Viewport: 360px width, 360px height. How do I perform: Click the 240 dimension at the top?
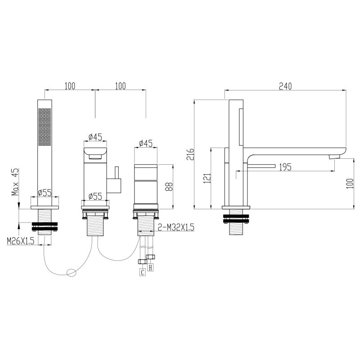(285, 86)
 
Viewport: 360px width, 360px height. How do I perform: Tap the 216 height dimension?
(190, 154)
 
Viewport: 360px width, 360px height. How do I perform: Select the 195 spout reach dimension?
(285, 167)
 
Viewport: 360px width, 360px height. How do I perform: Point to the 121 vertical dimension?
(207, 178)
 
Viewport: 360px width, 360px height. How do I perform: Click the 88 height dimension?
(169, 186)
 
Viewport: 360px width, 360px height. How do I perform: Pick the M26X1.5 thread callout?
(21, 241)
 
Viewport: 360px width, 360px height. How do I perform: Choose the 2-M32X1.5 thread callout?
(176, 227)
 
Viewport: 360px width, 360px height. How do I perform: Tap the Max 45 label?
(15, 182)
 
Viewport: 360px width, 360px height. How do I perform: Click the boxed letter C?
(143, 273)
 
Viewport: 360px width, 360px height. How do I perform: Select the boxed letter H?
(150, 267)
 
